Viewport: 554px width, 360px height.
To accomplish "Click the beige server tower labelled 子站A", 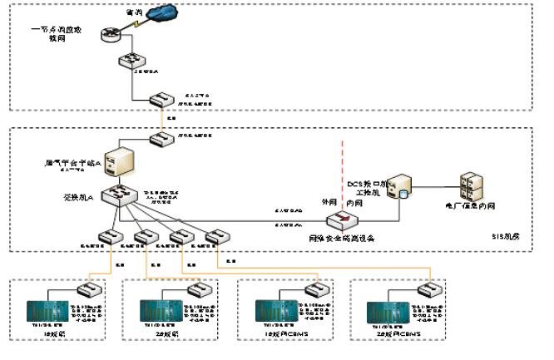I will [121, 160].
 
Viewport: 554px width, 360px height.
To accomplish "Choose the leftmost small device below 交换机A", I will [107, 238].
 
